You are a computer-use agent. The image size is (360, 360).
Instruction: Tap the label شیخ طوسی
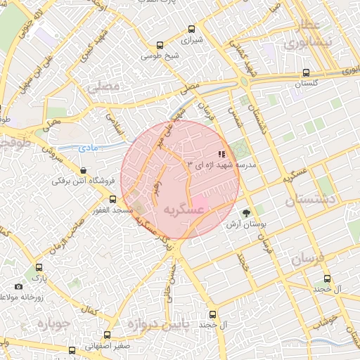click(162, 53)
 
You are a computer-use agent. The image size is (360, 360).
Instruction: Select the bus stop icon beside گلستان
click(306, 72)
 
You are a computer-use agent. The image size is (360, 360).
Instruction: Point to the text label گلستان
click(307, 84)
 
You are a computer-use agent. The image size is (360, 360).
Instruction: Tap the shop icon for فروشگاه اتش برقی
click(84, 170)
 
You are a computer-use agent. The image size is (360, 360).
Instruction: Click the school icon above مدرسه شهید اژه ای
click(221, 153)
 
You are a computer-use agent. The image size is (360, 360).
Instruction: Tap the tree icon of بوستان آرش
click(245, 213)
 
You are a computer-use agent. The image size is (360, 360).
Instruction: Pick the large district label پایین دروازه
click(157, 325)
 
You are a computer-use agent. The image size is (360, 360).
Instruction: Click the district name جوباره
click(51, 324)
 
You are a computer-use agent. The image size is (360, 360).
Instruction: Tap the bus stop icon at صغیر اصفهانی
click(107, 335)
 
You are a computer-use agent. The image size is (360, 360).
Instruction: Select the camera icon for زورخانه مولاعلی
click(18, 286)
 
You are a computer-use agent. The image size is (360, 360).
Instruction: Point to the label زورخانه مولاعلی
click(30, 298)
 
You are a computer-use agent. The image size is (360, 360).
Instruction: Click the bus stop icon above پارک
click(39, 268)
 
